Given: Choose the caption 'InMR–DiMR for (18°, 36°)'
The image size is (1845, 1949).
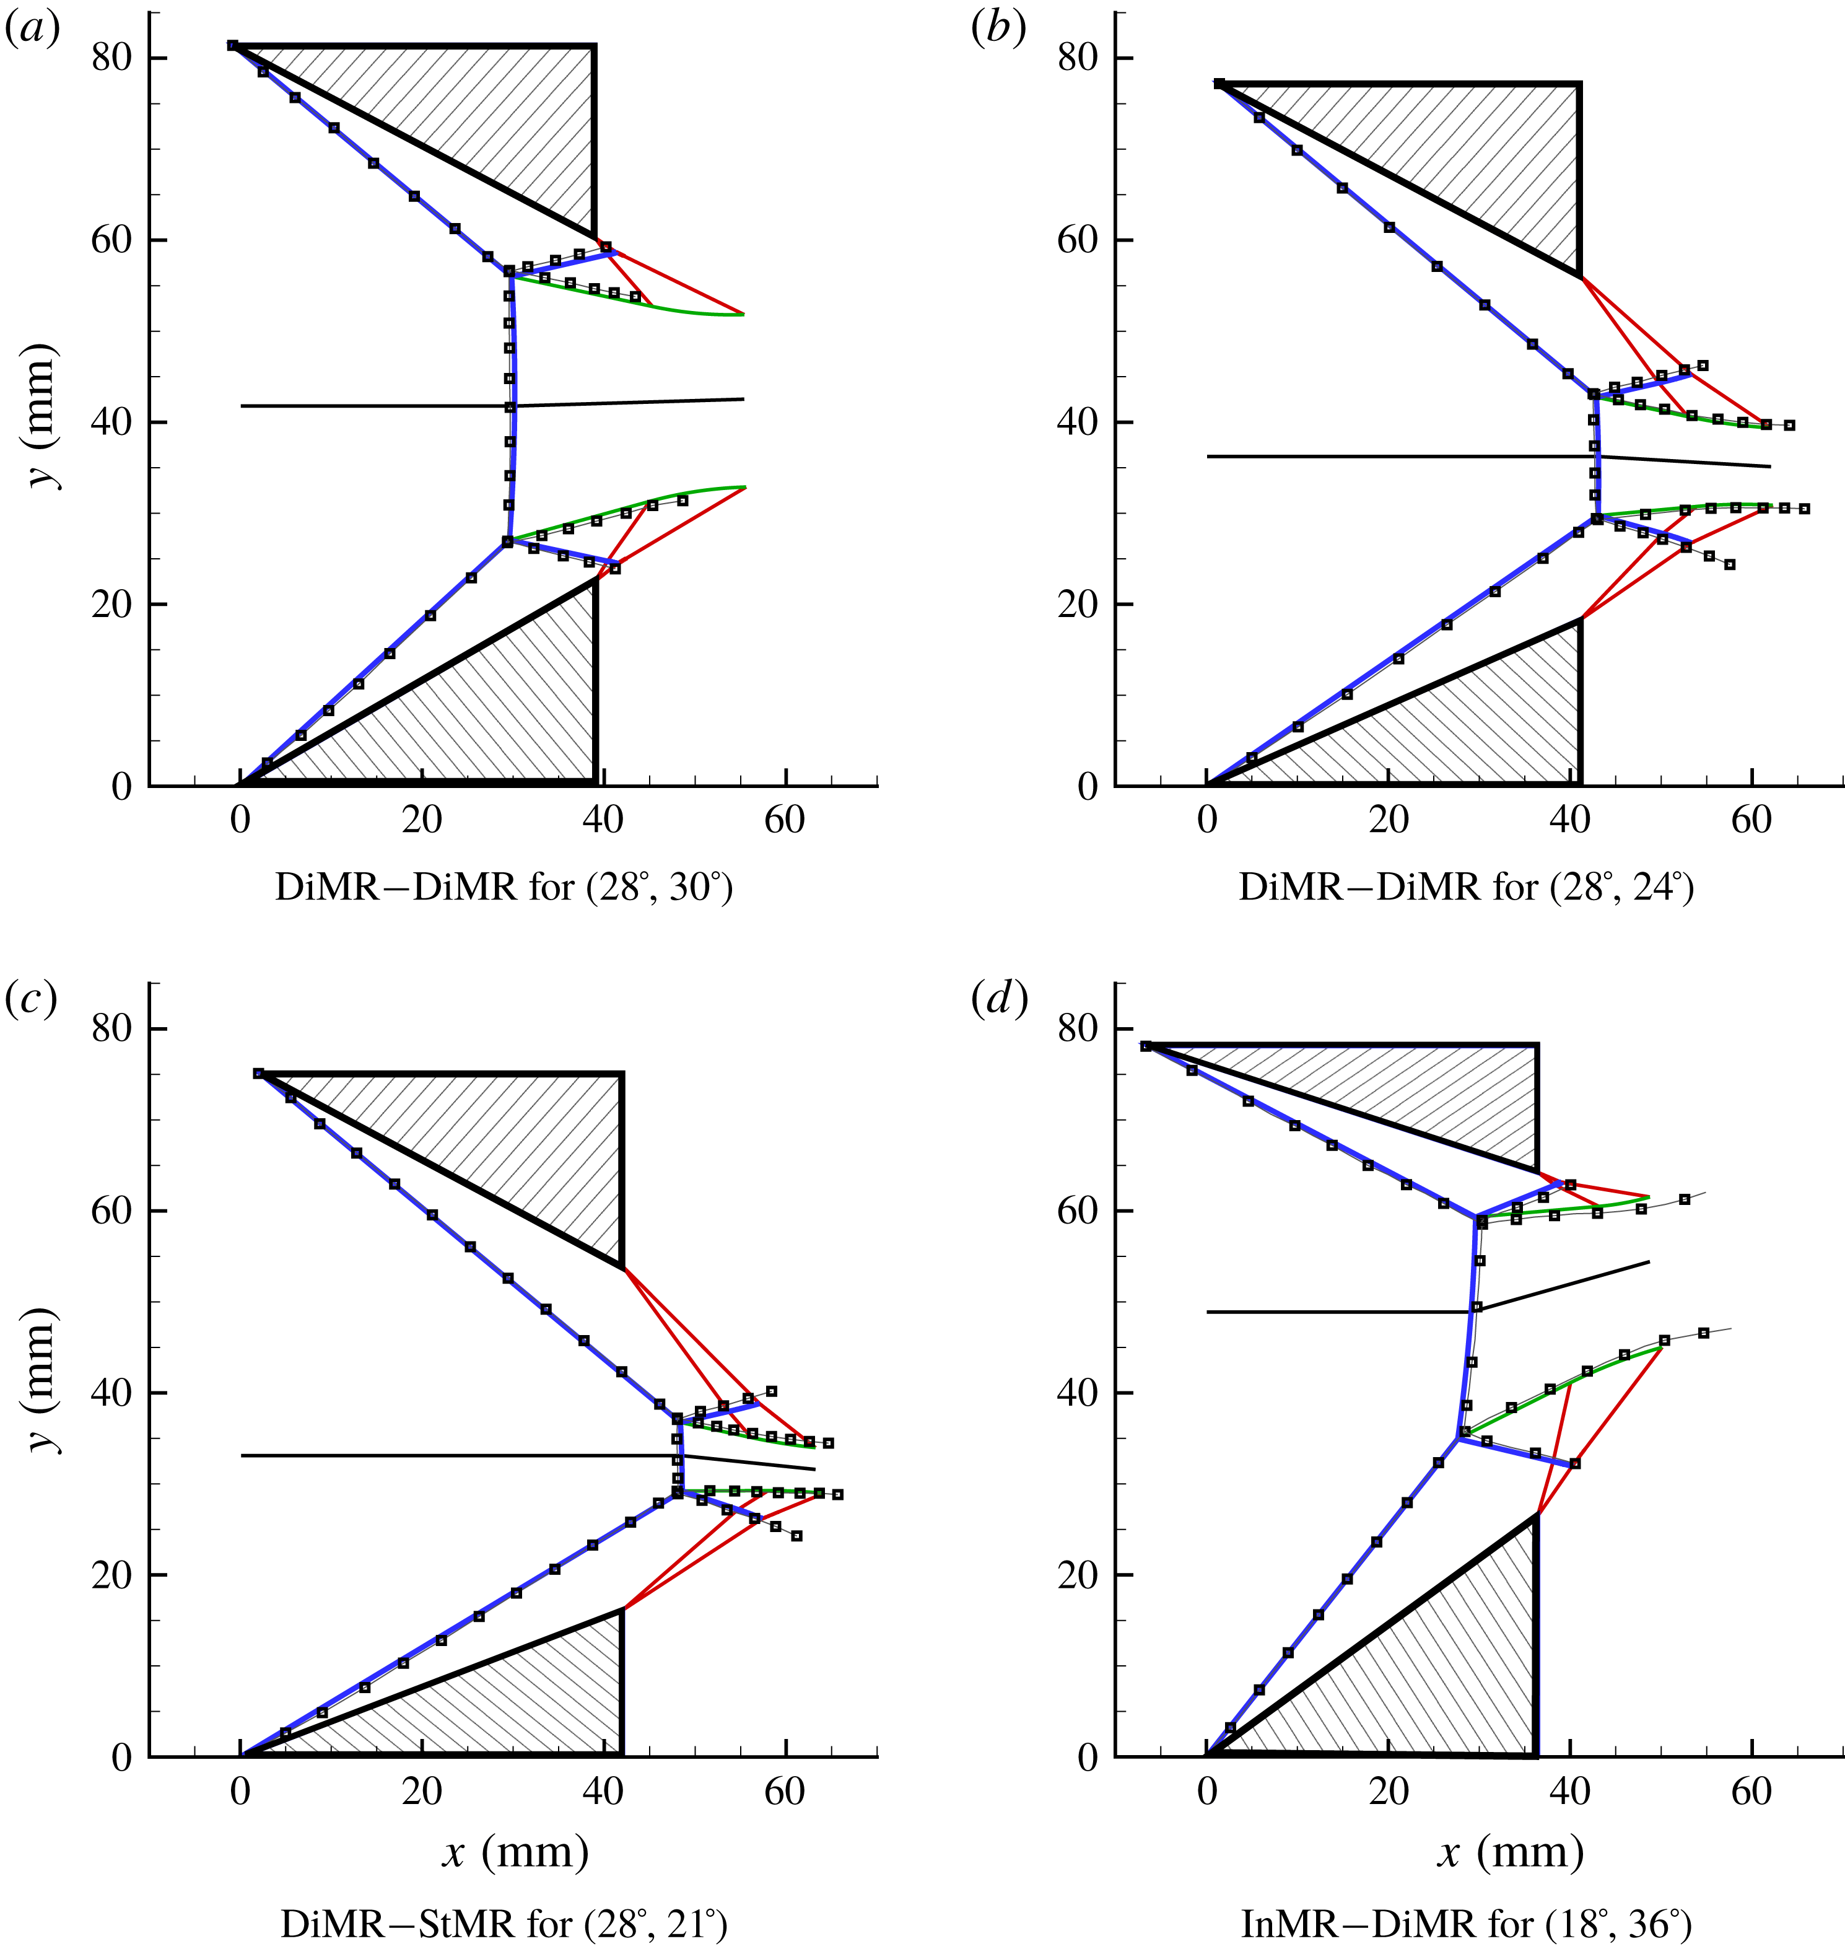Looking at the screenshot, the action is (x=1467, y=1924).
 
